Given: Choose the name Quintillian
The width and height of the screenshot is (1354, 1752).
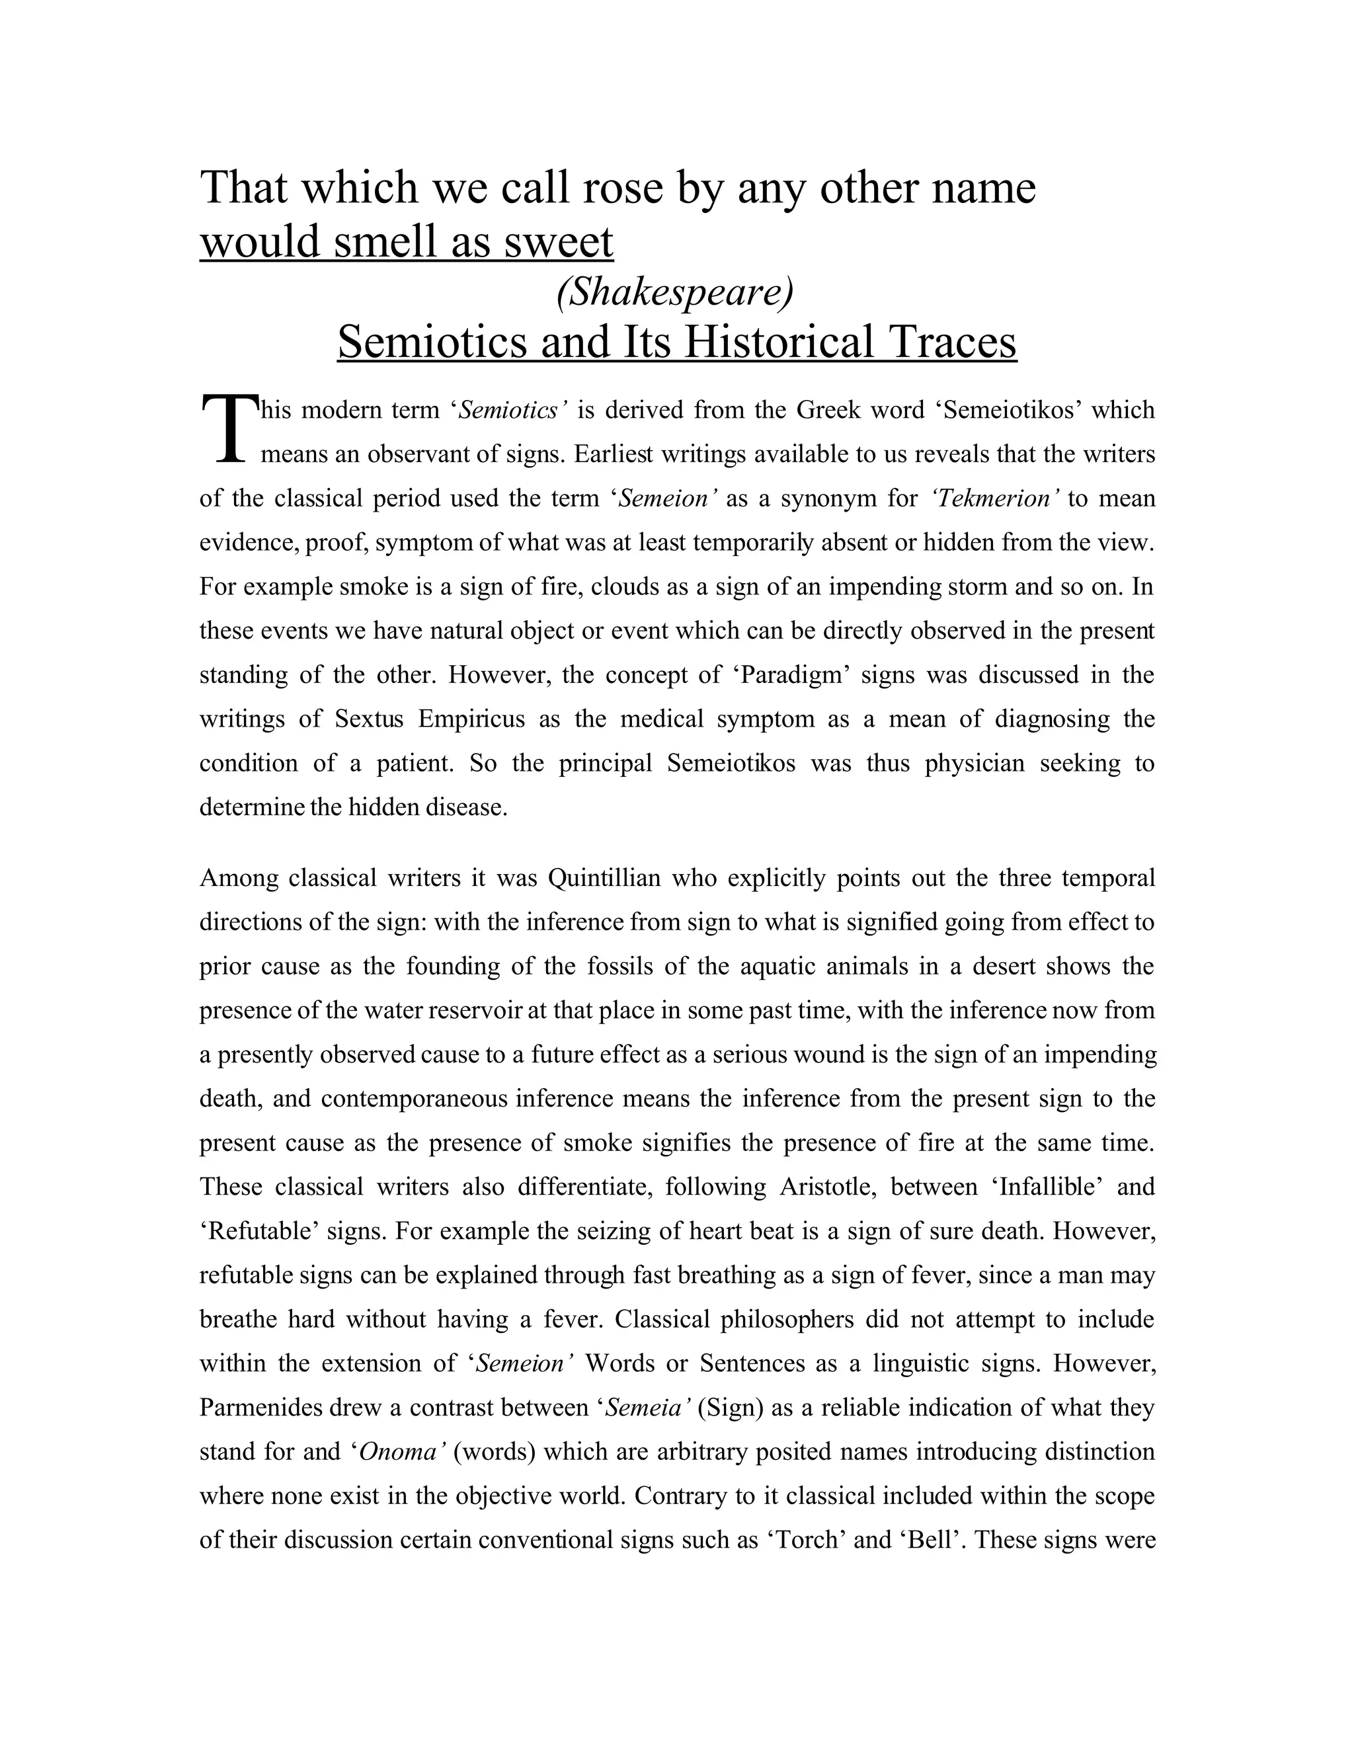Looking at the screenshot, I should point(604,879).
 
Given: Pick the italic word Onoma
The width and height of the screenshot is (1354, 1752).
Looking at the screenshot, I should point(399,1452).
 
